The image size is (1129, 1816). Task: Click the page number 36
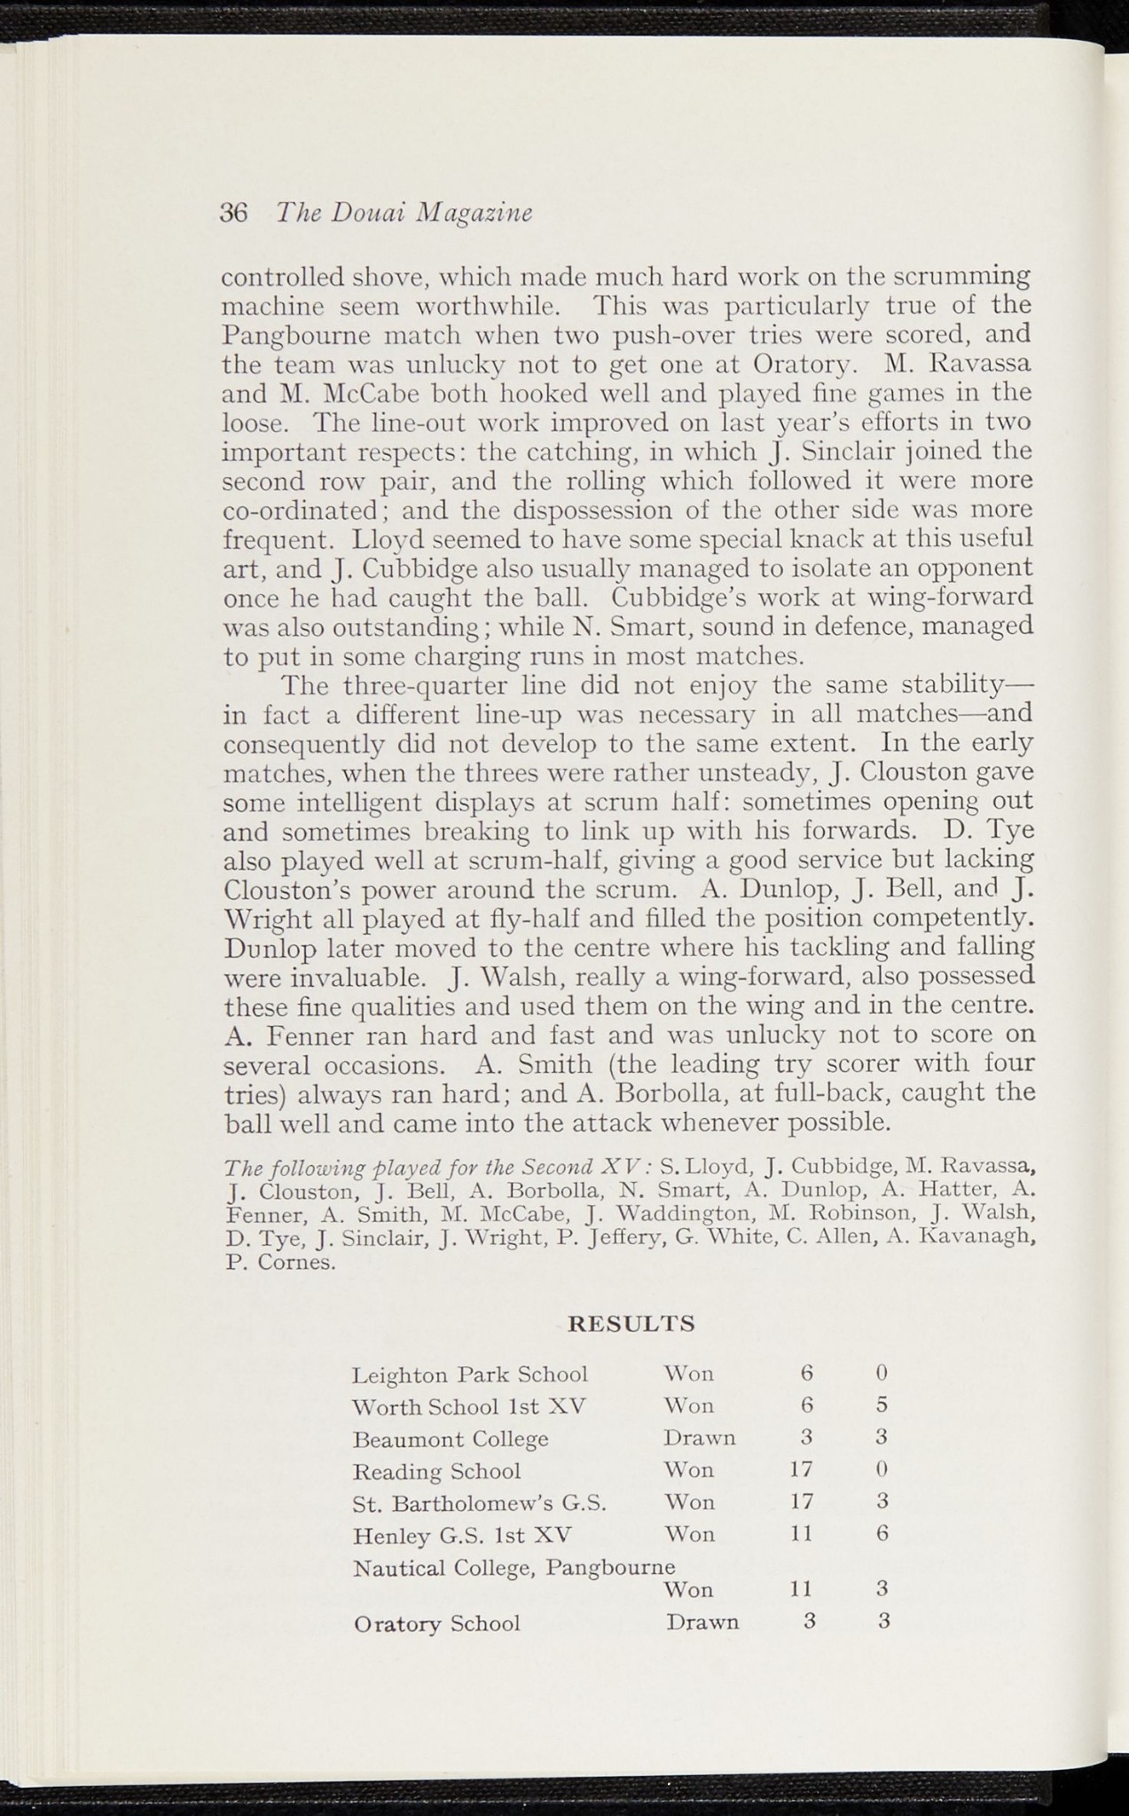[x=234, y=214]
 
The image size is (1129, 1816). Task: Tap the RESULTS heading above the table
[x=631, y=1325]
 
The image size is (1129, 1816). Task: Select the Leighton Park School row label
[x=470, y=1375]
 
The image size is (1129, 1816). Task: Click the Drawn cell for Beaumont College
[x=700, y=1437]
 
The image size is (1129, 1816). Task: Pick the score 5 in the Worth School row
[x=882, y=1405]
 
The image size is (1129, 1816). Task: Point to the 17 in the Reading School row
[x=801, y=1469]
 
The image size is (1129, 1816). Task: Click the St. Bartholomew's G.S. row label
[x=480, y=1503]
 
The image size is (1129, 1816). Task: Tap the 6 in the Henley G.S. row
[x=882, y=1534]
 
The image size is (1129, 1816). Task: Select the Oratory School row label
[x=436, y=1624]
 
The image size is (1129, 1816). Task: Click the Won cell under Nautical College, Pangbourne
[x=689, y=1589]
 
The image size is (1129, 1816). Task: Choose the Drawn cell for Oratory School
[x=702, y=1622]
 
